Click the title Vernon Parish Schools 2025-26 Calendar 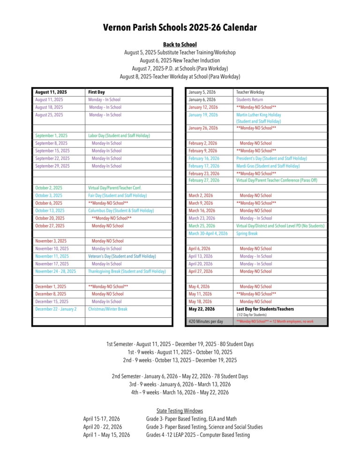click(x=180, y=28)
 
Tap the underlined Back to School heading click(x=180, y=45)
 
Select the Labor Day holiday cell click(x=119, y=135)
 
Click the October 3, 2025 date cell click(x=49, y=195)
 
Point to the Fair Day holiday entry click(x=117, y=195)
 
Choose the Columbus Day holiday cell click(x=121, y=210)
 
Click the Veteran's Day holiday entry click(x=122, y=256)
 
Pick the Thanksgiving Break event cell click(x=127, y=271)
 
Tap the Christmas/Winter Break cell click(x=108, y=309)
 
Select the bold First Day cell click(x=97, y=92)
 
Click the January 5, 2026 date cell click(x=202, y=92)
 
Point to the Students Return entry click(x=250, y=100)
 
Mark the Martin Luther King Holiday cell click(x=259, y=115)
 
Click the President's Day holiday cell click(x=271, y=158)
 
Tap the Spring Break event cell click(x=247, y=233)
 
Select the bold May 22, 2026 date click(x=202, y=309)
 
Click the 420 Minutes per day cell click(x=206, y=322)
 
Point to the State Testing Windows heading click(x=180, y=411)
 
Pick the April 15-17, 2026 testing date click(x=101, y=419)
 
